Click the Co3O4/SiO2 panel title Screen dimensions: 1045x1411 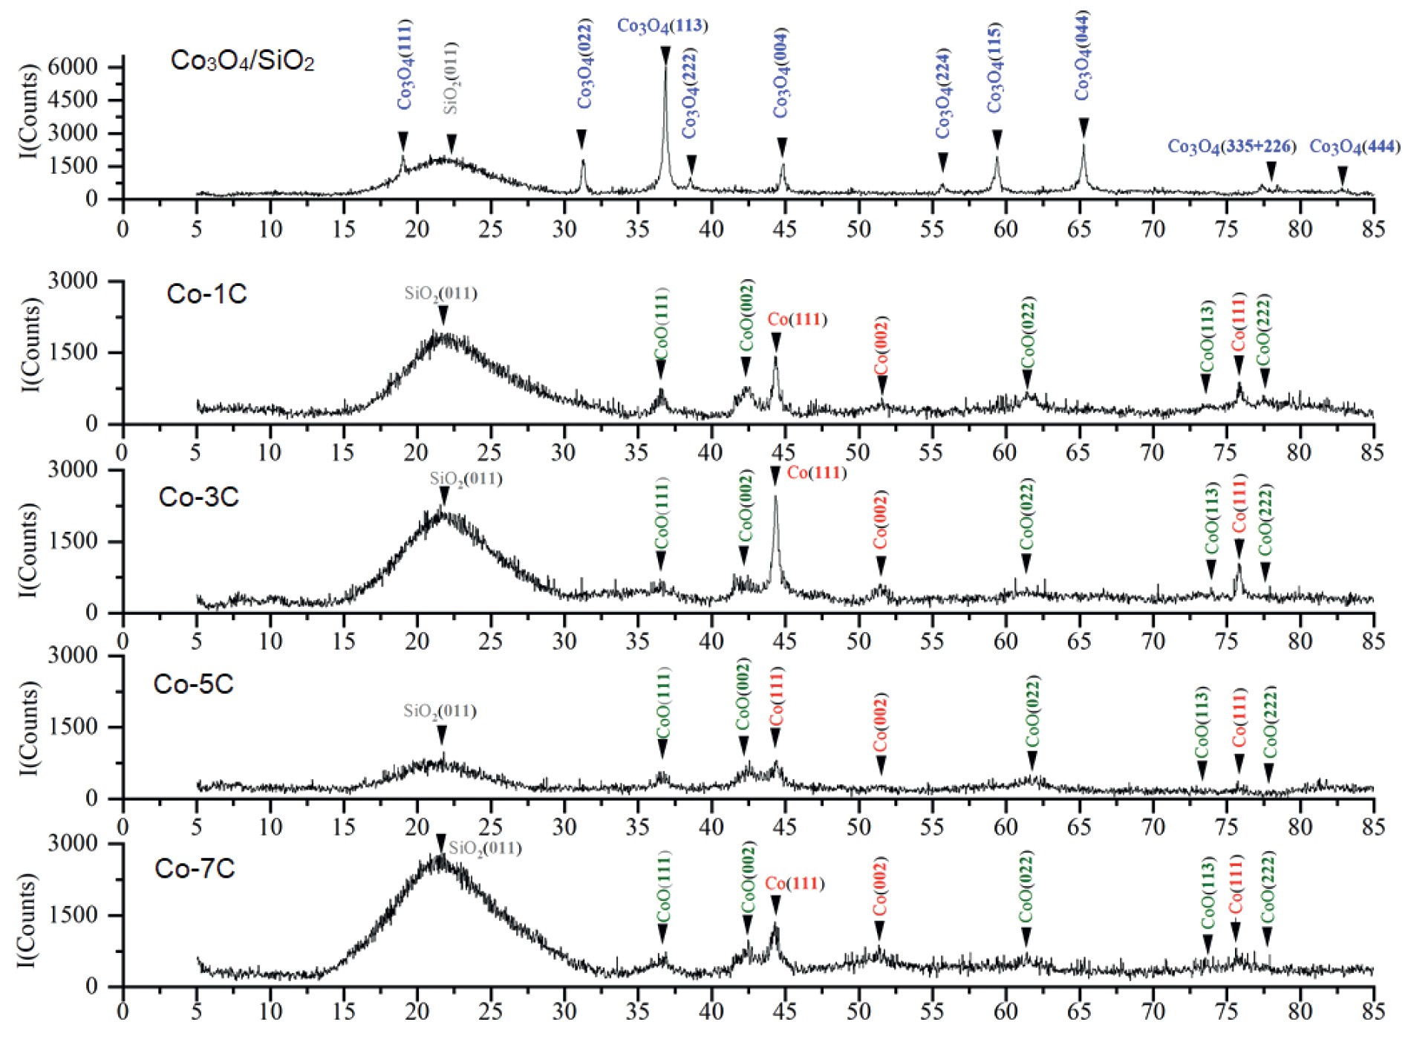click(x=242, y=61)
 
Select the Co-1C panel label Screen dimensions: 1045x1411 click(x=206, y=294)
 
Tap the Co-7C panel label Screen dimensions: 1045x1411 click(x=194, y=868)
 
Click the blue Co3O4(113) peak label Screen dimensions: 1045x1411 click(x=662, y=26)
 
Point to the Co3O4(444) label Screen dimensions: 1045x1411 click(x=1354, y=146)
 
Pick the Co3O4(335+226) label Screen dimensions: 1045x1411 click(x=1231, y=146)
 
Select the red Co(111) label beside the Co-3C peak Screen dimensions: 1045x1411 click(x=816, y=473)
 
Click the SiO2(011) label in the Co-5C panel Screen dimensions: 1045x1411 click(x=440, y=711)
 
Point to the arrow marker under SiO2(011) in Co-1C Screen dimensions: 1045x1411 click(x=443, y=316)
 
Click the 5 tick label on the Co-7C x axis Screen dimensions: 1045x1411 click(x=196, y=1011)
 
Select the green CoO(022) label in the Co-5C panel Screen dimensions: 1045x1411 click(x=1032, y=713)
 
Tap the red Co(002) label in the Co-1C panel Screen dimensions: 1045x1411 click(x=882, y=346)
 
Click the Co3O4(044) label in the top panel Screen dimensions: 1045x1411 click(x=1083, y=56)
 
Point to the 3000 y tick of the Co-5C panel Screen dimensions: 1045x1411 click(x=72, y=655)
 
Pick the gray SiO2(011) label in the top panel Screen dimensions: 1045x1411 click(x=451, y=78)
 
